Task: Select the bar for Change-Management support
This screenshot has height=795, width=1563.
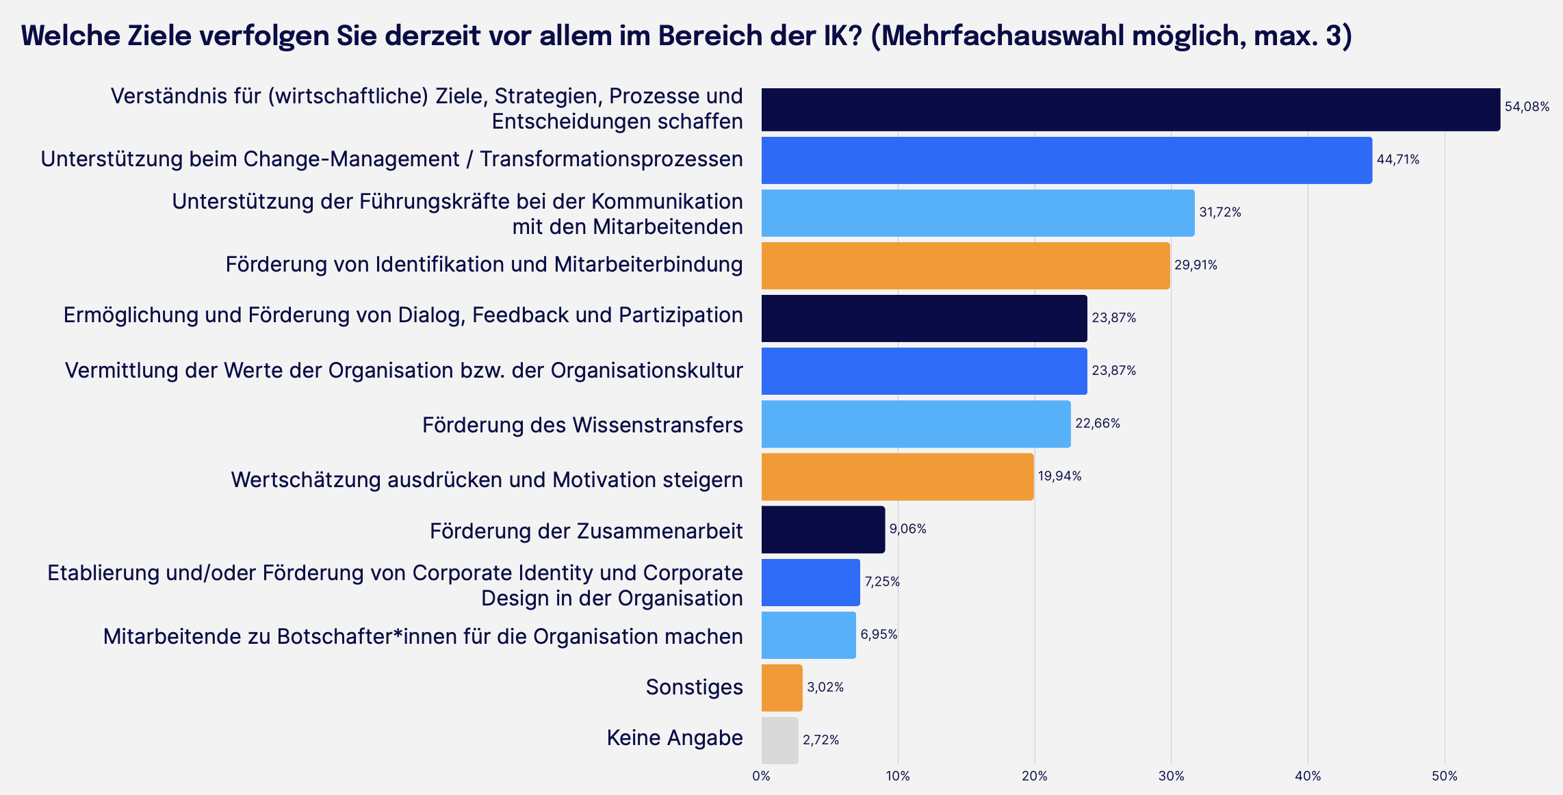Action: coord(1066,160)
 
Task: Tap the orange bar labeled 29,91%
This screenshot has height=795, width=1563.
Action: coord(965,265)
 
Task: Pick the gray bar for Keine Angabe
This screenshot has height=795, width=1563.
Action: coord(779,740)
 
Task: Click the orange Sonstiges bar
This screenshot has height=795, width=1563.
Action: coord(781,688)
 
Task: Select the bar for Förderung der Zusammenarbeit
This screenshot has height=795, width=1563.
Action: coord(823,530)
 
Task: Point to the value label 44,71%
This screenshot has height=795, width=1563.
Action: coord(1397,160)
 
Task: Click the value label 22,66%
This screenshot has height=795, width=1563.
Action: coord(1097,423)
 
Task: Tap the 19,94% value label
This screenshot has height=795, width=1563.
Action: coord(1059,476)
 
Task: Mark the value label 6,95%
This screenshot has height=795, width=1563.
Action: coord(879,635)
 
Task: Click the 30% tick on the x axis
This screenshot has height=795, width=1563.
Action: coord(1171,777)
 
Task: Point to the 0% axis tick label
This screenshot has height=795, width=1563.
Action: coord(761,777)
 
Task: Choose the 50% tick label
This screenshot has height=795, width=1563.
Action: coord(1444,777)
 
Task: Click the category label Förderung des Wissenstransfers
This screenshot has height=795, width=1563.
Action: coord(582,425)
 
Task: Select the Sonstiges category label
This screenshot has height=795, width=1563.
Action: coord(694,687)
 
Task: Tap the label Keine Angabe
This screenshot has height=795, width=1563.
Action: coord(674,738)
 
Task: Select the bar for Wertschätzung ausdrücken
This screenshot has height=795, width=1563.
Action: coord(897,477)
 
